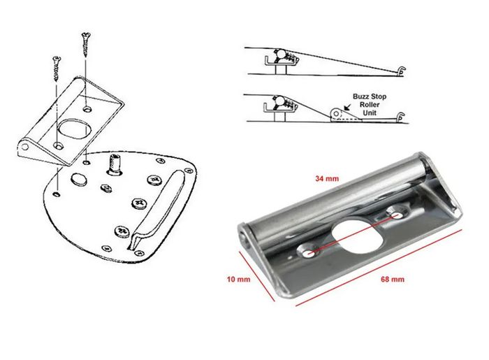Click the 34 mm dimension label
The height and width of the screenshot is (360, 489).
click(327, 179)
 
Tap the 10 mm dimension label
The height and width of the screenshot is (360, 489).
click(239, 279)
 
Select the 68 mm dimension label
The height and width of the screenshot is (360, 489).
click(393, 279)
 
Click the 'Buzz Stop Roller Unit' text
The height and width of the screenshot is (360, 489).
click(370, 105)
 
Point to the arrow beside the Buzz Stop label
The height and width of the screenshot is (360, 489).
click(346, 108)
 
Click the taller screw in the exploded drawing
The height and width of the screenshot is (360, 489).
click(85, 45)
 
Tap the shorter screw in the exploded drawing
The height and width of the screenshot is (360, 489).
click(57, 69)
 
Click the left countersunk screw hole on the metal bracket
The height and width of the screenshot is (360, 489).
click(309, 252)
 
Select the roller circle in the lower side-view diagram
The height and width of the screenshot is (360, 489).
click(335, 113)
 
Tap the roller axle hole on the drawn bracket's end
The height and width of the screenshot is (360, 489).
click(25, 147)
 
